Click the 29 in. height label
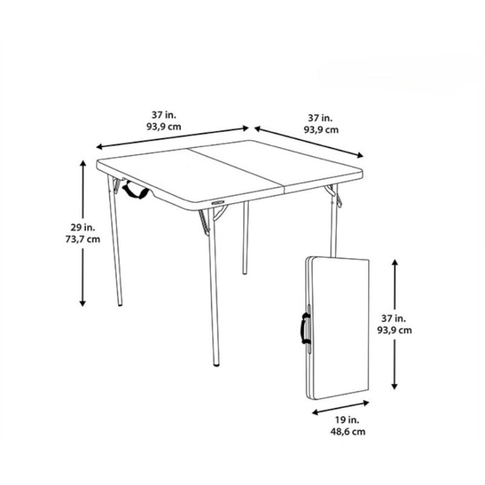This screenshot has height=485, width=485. [83, 227]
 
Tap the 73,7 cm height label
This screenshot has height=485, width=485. [83, 239]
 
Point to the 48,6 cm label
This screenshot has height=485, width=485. [347, 432]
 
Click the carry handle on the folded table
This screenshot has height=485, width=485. [305, 328]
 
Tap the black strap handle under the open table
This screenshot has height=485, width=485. [136, 190]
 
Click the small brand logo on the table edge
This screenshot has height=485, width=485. [219, 202]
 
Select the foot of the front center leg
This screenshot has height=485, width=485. [217, 364]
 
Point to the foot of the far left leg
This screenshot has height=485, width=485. [120, 304]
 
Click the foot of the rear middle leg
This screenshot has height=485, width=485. [245, 272]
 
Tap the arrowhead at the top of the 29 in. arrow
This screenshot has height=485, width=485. [82, 163]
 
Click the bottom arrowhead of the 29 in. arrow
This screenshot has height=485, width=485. [82, 303]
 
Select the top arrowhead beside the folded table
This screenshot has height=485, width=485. [395, 263]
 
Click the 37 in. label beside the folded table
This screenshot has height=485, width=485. [393, 318]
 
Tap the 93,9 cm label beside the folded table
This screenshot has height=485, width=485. [395, 330]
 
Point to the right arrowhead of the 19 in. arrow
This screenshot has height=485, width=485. [366, 403]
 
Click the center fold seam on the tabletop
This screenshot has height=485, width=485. [236, 167]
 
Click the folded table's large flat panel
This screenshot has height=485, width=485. [340, 328]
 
